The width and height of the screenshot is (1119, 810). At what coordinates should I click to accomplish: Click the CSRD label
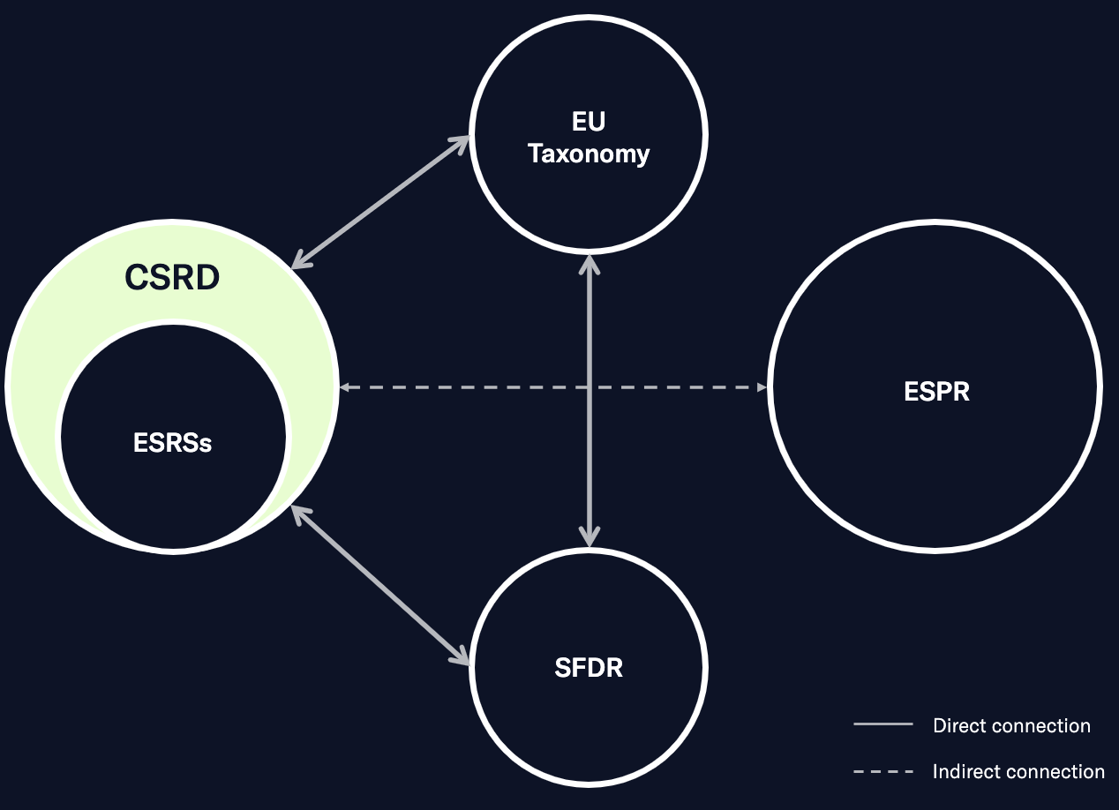pyautogui.click(x=172, y=278)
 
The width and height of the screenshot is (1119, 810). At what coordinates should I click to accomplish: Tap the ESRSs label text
pyautogui.click(x=173, y=442)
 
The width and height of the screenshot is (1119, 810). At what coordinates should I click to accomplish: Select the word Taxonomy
pyautogui.click(x=589, y=154)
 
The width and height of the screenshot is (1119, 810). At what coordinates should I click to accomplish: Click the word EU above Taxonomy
pyautogui.click(x=589, y=122)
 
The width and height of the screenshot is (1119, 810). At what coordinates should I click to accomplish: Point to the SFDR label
pyautogui.click(x=589, y=668)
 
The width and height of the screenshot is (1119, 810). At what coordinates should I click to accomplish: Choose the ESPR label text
pyautogui.click(x=936, y=391)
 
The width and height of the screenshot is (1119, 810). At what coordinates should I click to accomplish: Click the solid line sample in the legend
pyautogui.click(x=882, y=724)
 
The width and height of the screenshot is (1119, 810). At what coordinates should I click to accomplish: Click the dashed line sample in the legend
pyautogui.click(x=882, y=771)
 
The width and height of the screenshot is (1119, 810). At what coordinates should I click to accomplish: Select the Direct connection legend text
pyautogui.click(x=1011, y=725)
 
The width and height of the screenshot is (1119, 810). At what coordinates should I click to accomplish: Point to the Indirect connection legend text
pyautogui.click(x=1018, y=771)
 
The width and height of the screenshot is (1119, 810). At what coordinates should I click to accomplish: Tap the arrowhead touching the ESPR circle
pyautogui.click(x=762, y=387)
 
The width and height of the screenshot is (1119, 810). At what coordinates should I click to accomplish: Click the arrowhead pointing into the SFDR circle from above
pyautogui.click(x=589, y=535)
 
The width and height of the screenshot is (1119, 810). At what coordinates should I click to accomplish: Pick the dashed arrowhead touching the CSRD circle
pyautogui.click(x=346, y=387)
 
